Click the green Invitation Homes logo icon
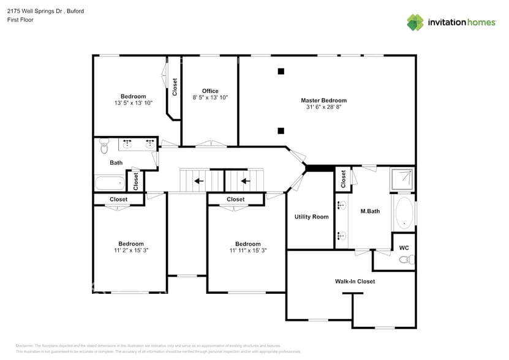[415, 22]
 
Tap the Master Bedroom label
[323, 100]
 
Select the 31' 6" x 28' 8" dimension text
[323, 107]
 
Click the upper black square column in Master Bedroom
[281, 72]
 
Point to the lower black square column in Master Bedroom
[281, 130]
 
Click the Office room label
[210, 91]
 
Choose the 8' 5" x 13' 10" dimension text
[210, 97]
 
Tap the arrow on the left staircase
[198, 181]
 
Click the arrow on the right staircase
[245, 181]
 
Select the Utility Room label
[311, 217]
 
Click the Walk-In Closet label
[355, 282]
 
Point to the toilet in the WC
[405, 260]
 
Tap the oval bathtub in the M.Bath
[404, 212]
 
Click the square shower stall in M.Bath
[403, 179]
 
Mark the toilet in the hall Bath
[104, 147]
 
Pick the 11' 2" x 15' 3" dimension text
[131, 250]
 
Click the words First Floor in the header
[20, 20]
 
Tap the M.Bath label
[370, 211]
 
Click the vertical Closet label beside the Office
[175, 86]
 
